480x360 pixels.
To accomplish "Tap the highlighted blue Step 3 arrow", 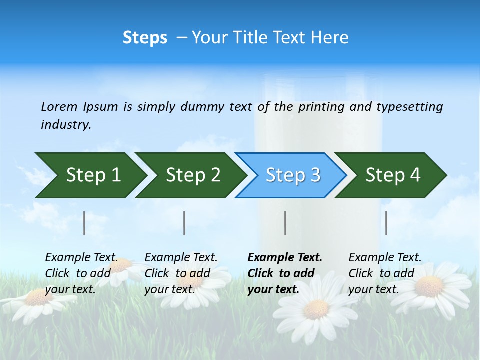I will click(x=293, y=175).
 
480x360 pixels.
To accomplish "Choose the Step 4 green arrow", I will click(x=393, y=175).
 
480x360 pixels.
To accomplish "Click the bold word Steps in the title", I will click(x=145, y=38).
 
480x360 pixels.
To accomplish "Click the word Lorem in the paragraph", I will click(x=59, y=107).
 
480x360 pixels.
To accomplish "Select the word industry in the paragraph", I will click(x=66, y=125).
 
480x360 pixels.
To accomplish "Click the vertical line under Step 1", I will click(x=84, y=223).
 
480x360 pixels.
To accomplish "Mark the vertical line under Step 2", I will click(x=184, y=223).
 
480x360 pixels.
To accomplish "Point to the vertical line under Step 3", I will click(x=285, y=223).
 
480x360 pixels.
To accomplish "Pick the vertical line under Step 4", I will click(x=386, y=223).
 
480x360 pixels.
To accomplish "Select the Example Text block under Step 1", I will click(x=81, y=273).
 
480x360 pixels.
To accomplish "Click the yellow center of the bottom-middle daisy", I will click(x=316, y=309).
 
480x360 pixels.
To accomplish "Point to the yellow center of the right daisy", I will click(x=429, y=286).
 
